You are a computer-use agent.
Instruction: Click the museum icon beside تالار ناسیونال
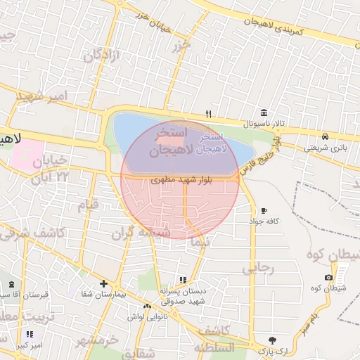(x=264, y=112)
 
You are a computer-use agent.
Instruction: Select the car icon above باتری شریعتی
(x=325, y=136)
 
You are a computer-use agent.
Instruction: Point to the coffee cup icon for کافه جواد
(x=264, y=210)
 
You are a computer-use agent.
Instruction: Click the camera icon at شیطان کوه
(x=328, y=277)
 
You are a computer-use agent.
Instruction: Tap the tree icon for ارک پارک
(x=273, y=339)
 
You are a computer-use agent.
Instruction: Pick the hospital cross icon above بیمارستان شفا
(x=103, y=283)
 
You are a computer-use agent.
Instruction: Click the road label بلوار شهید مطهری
(x=176, y=181)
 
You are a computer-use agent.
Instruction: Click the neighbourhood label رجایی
(x=257, y=269)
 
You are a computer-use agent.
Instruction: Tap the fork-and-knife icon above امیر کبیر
(x=30, y=335)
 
